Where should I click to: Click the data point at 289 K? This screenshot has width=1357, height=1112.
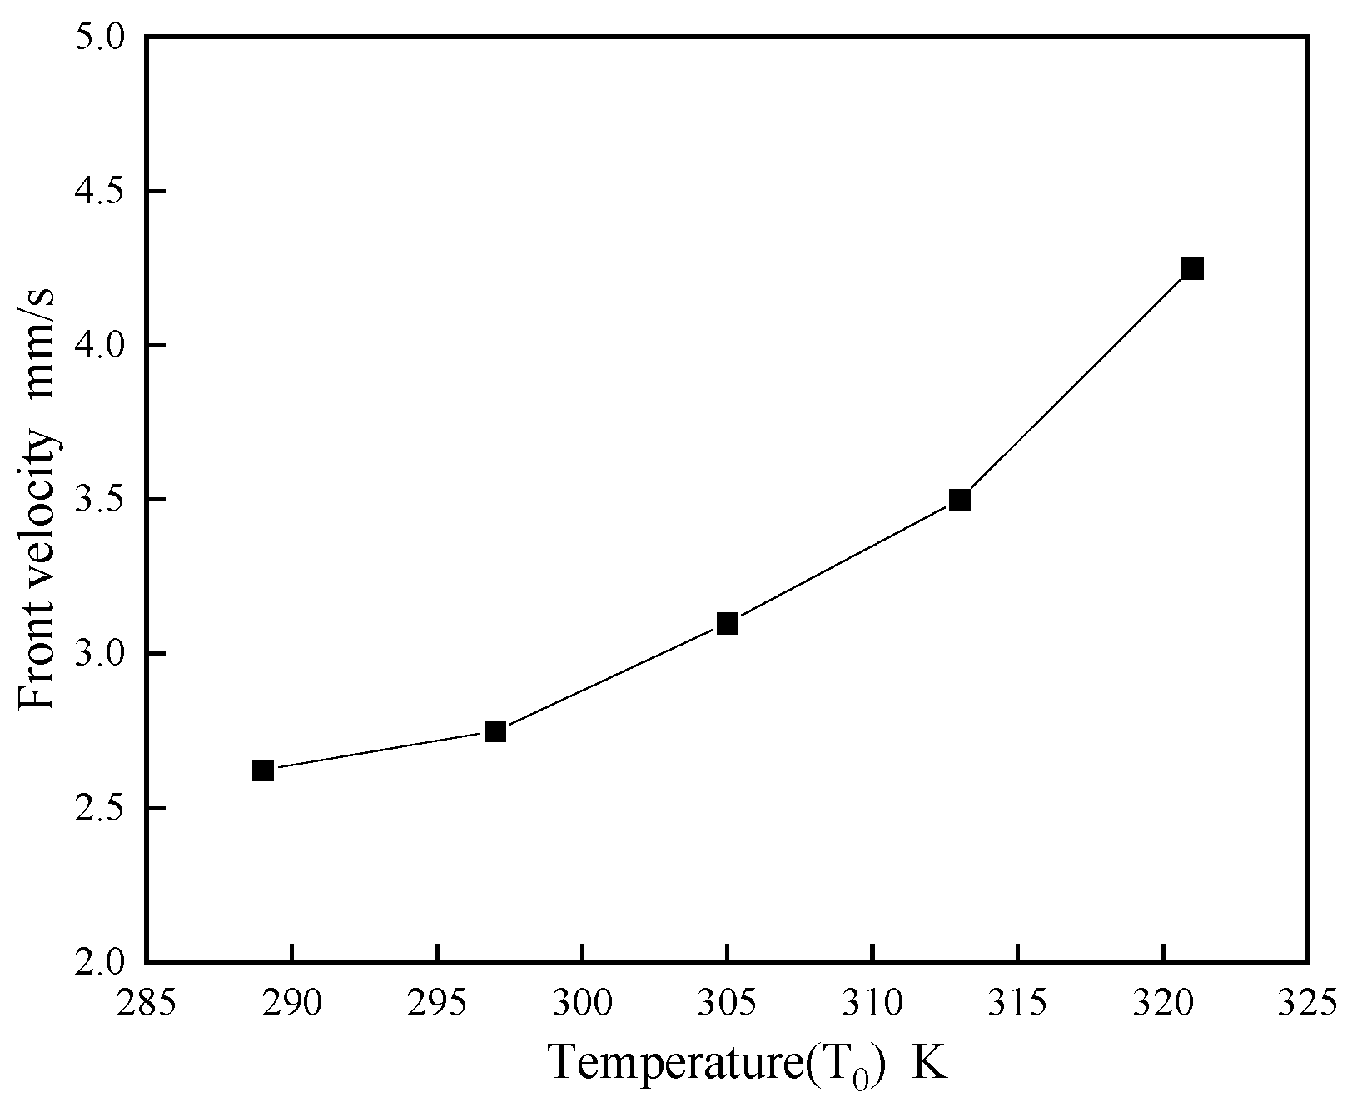263,770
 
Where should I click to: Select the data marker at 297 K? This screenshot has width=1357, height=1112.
495,731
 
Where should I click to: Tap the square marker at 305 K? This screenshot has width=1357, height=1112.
728,623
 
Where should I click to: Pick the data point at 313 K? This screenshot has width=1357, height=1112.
960,500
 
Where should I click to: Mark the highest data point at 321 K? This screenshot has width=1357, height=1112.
1192,268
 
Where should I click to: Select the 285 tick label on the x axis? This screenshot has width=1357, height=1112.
147,1001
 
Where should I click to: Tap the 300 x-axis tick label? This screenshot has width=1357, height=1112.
582,1001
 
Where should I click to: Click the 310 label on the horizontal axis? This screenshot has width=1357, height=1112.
872,1001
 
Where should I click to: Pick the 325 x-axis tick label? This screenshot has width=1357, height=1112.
1308,1001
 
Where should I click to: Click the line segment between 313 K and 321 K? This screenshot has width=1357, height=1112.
1076,384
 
